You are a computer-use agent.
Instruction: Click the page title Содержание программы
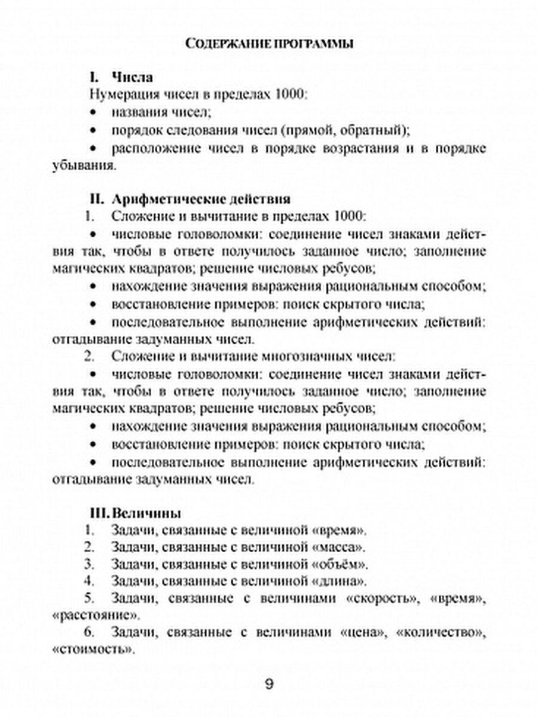[268, 44]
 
